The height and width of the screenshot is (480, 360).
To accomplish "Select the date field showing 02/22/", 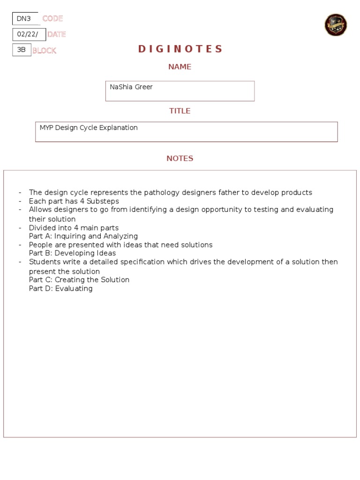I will tap(29, 34).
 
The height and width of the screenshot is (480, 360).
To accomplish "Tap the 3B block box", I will tap(22, 50).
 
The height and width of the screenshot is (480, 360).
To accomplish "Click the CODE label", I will tap(52, 19).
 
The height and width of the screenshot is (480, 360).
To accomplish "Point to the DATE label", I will tap(56, 34).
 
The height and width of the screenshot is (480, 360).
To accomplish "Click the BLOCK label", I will tap(44, 51).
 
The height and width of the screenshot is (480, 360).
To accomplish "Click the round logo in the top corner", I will tap(336, 25).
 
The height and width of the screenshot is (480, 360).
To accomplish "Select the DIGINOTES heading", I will tap(180, 49).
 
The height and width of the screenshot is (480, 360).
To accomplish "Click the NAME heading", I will tap(180, 67).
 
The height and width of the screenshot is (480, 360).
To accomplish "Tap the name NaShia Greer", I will tap(131, 87).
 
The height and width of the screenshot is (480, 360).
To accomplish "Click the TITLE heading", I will tap(180, 111).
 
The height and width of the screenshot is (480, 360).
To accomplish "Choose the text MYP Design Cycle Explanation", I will tap(89, 128).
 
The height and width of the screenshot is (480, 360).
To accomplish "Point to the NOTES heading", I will tap(180, 158).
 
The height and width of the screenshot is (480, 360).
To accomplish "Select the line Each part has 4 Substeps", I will tap(74, 201).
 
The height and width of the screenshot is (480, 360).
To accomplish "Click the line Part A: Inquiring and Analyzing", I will tap(83, 236).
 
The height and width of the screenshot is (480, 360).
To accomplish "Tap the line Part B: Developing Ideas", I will tap(72, 253).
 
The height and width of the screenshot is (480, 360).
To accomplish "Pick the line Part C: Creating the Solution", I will tap(79, 280).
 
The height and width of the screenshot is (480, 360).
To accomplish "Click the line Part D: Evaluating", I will tap(61, 288).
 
